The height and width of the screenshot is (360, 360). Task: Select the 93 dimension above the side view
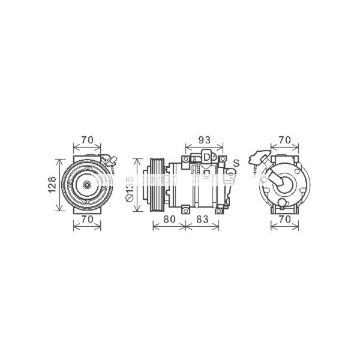point(205,140)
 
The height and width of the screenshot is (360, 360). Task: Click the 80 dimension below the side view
point(169,220)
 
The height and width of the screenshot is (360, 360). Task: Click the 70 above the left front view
point(87,140)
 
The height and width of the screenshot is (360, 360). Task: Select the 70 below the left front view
point(87,220)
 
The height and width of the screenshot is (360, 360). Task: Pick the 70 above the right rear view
point(284,140)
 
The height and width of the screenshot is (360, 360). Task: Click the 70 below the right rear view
point(284,220)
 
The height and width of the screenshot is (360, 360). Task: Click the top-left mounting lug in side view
point(186,158)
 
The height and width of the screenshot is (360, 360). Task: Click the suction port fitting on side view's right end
point(231,175)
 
